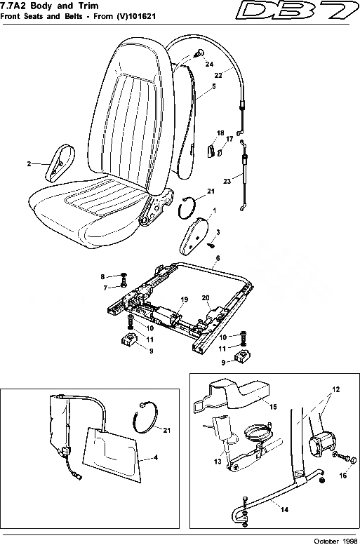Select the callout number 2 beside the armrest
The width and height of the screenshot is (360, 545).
tap(29, 164)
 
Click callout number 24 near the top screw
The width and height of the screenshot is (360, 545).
tap(209, 64)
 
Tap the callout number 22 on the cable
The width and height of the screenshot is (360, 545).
tap(218, 74)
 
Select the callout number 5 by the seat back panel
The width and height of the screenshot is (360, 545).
tap(213, 89)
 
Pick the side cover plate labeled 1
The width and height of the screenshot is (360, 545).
tap(196, 234)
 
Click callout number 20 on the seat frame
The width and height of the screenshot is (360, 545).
tap(206, 297)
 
